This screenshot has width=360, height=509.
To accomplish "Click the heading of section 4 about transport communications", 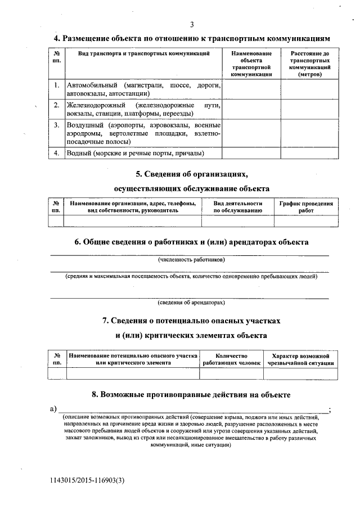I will [x=191, y=38].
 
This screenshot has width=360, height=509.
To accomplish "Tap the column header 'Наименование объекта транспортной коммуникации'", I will [x=251, y=64].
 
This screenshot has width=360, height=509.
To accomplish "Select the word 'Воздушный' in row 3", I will [x=83, y=125].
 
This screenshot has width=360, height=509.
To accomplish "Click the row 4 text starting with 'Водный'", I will [x=135, y=153].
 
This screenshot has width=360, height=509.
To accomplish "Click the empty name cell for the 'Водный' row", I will [x=251, y=153].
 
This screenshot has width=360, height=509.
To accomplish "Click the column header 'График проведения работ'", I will [x=306, y=207].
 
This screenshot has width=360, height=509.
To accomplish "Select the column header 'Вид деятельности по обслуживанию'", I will [x=238, y=207].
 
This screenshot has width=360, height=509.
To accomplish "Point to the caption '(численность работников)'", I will [x=191, y=260].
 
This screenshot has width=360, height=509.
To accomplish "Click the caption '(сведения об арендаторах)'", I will [x=191, y=303].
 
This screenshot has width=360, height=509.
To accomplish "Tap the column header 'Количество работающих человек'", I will [x=231, y=359].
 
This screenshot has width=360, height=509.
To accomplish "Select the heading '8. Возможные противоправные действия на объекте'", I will [x=191, y=395].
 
